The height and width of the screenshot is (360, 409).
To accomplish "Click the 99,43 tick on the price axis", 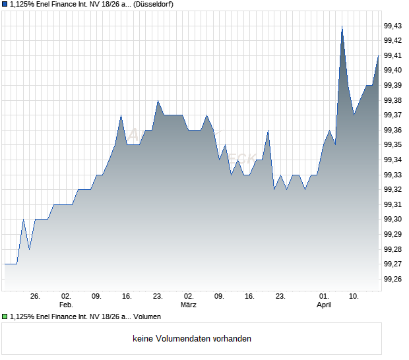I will click(393, 26).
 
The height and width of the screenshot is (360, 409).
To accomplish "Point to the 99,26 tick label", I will click(393, 279).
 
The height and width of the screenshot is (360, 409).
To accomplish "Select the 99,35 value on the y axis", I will click(393, 145).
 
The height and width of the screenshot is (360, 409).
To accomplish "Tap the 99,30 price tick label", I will click(393, 220).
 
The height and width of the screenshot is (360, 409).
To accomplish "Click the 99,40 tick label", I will click(393, 71).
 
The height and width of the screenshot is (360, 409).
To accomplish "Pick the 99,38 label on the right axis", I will click(393, 100).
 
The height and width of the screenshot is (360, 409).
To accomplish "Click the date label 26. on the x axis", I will click(35, 297).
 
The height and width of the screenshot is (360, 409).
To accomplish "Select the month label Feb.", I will click(65, 305).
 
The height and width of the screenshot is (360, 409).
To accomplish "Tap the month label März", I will click(189, 305).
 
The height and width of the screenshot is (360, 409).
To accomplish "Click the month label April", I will click(324, 305).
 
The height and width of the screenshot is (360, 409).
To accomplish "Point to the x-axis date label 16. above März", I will click(249, 297).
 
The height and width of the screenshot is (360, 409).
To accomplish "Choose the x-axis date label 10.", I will click(354, 297).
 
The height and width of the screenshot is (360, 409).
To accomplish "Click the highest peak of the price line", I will click(342, 26).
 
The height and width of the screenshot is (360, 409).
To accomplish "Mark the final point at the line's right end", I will click(379, 56).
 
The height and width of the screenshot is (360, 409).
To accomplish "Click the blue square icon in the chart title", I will click(5, 5).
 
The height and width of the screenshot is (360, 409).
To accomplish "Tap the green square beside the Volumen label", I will click(5, 316).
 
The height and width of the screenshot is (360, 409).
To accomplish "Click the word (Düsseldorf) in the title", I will click(153, 5).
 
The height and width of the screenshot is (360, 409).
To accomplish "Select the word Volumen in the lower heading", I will click(147, 316).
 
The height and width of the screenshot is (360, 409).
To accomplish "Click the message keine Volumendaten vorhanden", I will click(192, 339).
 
